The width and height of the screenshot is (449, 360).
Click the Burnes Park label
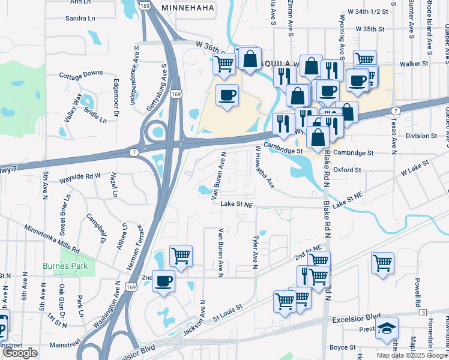(x=65, y=266)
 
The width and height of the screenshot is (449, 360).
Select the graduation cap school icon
(x=387, y=328)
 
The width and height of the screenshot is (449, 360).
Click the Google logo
(x=20, y=353)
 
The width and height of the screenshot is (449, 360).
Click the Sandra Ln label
(x=80, y=19)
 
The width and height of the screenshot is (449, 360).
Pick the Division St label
(x=421, y=136)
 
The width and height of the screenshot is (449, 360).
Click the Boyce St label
(x=343, y=347)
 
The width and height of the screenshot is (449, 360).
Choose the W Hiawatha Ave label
(x=265, y=167)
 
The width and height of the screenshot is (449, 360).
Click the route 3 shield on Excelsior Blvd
(x=423, y=313)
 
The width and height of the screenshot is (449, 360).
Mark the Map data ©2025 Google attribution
(x=411, y=355)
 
